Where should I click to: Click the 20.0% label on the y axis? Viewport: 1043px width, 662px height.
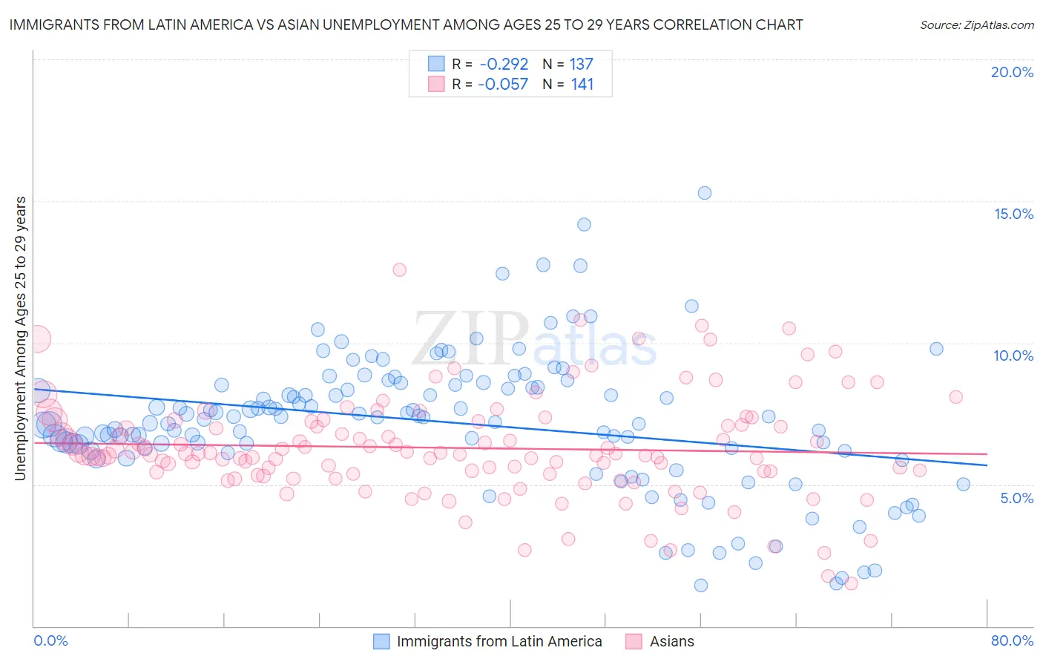click(1012, 72)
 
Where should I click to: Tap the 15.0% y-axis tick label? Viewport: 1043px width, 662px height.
click(1013, 214)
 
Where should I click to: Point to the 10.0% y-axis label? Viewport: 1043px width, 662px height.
click(1013, 355)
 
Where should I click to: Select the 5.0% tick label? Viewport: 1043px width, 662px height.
click(1016, 498)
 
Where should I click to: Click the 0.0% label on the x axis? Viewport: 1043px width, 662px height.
click(50, 640)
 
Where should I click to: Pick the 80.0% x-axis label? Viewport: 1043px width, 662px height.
click(1012, 640)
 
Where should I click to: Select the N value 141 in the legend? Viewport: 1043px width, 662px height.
click(582, 85)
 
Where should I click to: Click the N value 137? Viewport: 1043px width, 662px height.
click(582, 64)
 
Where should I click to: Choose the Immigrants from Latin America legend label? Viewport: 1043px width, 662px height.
click(499, 641)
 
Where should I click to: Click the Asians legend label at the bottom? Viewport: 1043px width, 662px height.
click(672, 641)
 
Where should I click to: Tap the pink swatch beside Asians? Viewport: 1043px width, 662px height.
click(634, 641)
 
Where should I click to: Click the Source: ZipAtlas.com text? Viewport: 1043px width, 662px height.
click(976, 25)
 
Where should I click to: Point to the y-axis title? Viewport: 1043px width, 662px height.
click(21, 338)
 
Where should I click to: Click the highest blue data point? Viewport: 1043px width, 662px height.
click(704, 193)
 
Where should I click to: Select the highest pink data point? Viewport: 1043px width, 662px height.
click(399, 270)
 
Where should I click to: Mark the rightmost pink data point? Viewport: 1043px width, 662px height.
click(955, 397)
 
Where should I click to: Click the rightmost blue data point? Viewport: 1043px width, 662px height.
click(963, 485)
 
